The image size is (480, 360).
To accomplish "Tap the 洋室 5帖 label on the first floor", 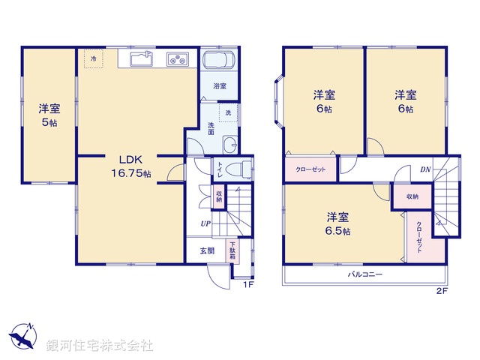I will pos(49,115).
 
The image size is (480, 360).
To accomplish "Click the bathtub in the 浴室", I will pos(219,64).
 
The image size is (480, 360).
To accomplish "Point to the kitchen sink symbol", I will pos(140,58).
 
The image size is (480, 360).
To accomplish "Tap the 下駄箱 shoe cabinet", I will pos(233,249).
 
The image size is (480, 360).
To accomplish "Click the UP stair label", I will pos(205,223).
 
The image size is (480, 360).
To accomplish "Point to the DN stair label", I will pos(424,169).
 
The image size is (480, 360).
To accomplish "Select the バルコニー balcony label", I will pos(364,274).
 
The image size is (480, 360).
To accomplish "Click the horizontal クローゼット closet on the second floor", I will pos(310,169).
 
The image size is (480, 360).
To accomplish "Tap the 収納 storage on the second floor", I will pos(412,196).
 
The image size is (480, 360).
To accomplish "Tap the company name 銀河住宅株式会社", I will pos(99,345).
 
